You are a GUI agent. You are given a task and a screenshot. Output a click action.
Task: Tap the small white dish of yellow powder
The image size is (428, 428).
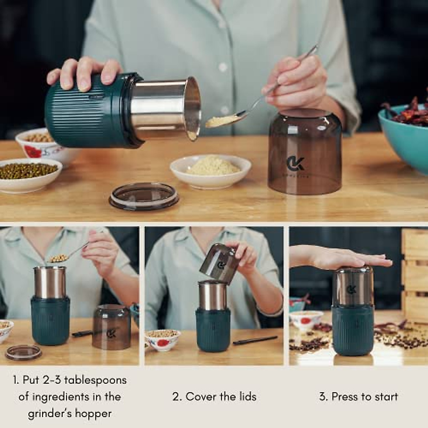(210, 169)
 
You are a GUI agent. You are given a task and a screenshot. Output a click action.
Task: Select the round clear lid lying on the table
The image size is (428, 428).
(144, 196)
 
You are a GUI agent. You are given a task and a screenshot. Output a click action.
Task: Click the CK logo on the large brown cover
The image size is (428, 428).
(295, 163)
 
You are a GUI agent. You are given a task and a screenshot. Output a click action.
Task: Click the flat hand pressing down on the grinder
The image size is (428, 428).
(342, 259)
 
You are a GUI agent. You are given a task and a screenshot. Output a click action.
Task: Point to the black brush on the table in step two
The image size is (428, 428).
(255, 340)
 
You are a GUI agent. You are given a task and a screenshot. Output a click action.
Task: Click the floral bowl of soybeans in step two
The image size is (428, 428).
(163, 339)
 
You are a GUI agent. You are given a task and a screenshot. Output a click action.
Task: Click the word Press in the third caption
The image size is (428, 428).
(345, 397)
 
